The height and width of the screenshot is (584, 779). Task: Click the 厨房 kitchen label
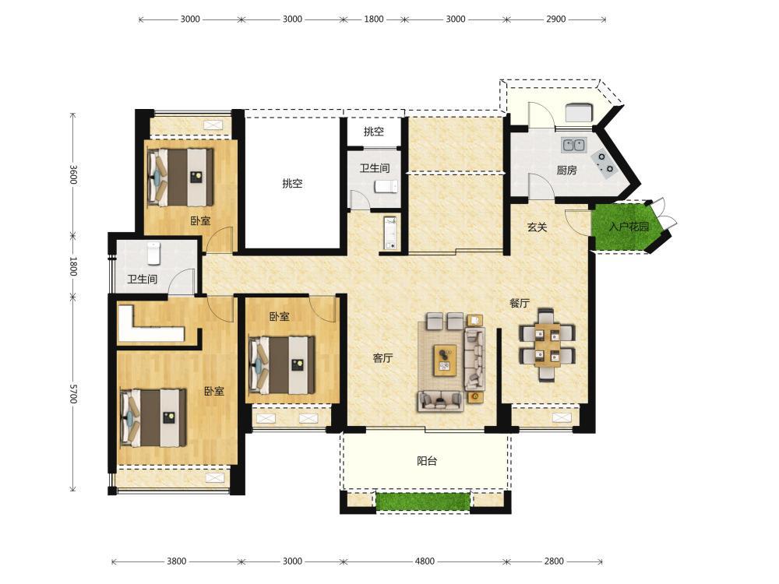coord(566,171)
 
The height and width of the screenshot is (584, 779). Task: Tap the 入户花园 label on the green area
coord(629,227)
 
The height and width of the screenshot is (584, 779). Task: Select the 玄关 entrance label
coord(537,227)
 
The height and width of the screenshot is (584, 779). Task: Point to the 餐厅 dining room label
coord(520,303)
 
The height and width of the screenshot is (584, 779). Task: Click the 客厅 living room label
coord(383,357)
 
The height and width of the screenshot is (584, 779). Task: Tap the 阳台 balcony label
coord(427,461)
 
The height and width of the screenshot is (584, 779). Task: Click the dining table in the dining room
coord(547,345)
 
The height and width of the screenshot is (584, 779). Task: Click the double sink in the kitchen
coord(574,145)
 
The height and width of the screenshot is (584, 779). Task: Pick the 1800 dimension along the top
coord(374,19)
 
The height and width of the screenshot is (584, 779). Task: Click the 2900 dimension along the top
coord(556,19)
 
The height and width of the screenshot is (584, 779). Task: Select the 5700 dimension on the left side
coord(73,393)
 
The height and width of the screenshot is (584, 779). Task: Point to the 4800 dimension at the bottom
coord(425,561)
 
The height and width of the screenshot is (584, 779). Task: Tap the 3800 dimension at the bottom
coord(176,561)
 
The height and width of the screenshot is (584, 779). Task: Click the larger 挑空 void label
coord(292,183)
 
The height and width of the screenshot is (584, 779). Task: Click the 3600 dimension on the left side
coord(73,174)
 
